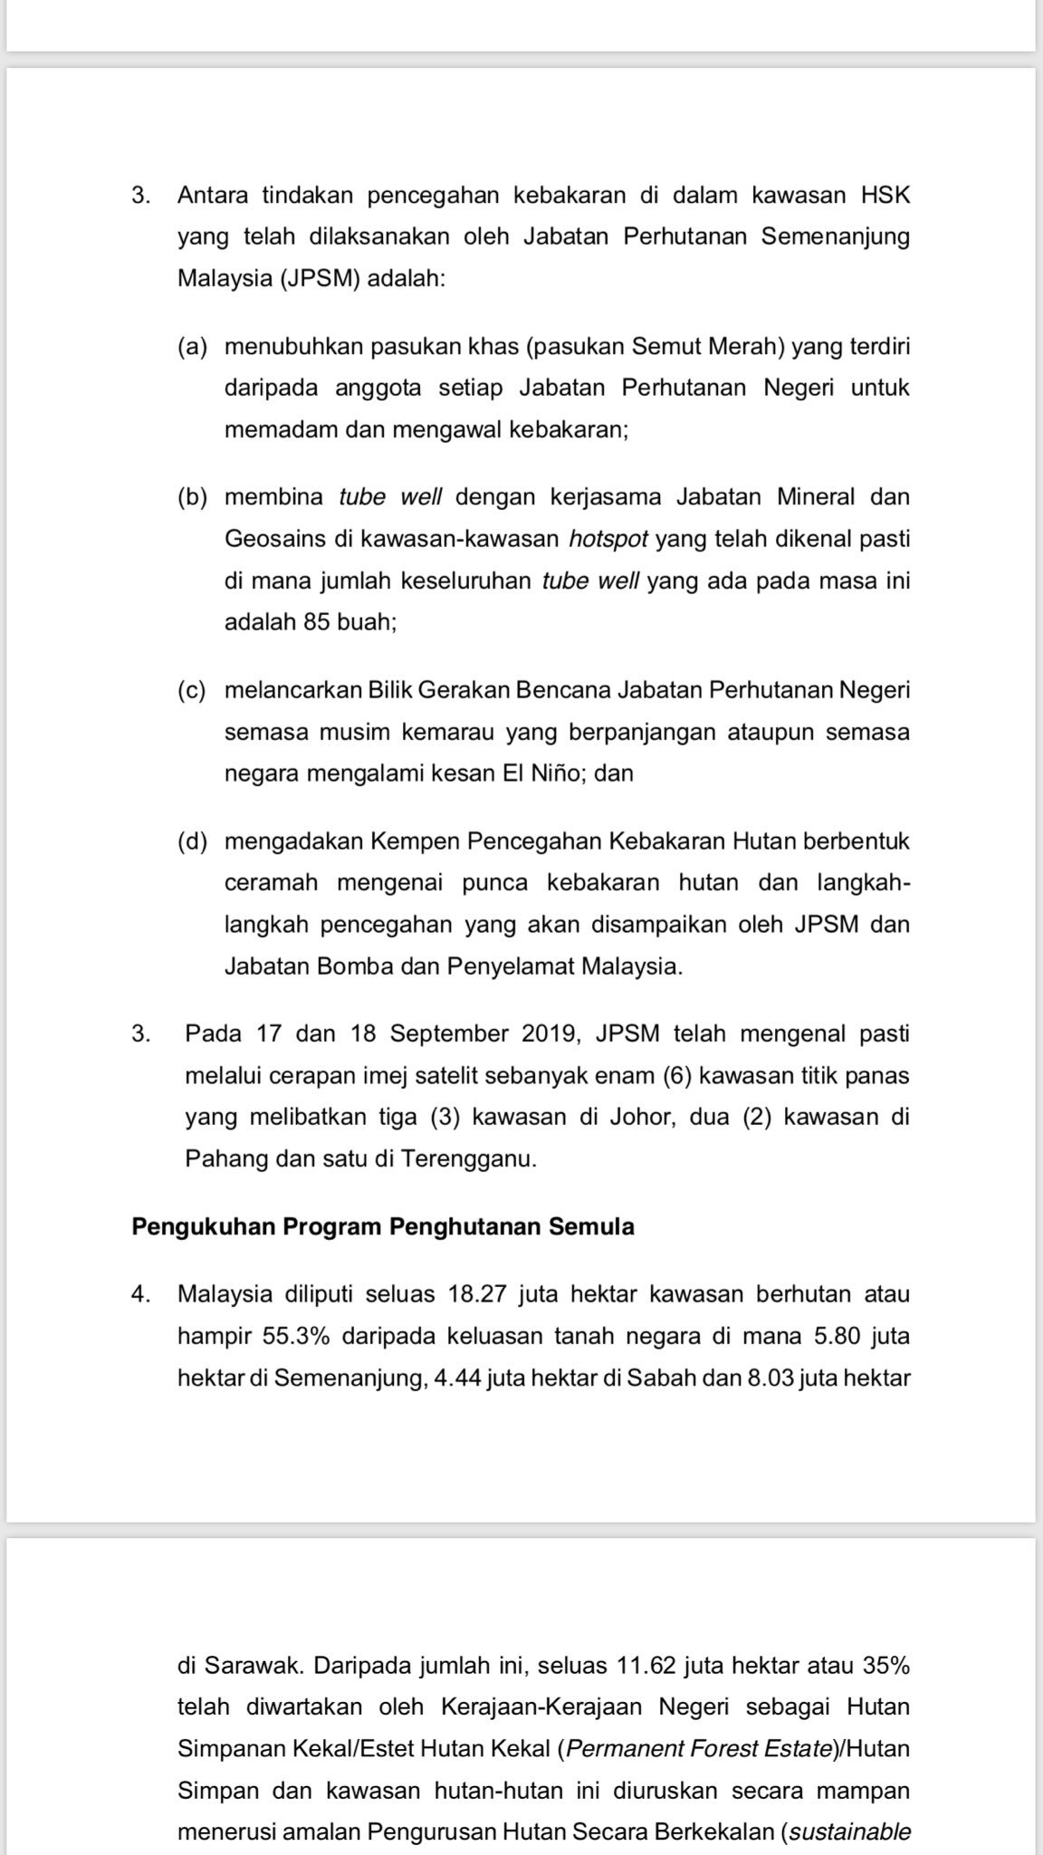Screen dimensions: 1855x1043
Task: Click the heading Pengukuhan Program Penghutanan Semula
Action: tap(382, 1227)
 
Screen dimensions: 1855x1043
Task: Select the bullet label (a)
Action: tap(192, 347)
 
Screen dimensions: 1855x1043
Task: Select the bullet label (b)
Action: tap(192, 497)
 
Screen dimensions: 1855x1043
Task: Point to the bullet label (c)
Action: tap(192, 690)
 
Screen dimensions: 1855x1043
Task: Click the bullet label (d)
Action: tap(192, 841)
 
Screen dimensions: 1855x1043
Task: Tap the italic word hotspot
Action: tap(608, 540)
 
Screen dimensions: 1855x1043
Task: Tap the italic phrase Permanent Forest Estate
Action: tap(698, 1749)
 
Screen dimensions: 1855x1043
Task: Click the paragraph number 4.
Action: tap(139, 1294)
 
